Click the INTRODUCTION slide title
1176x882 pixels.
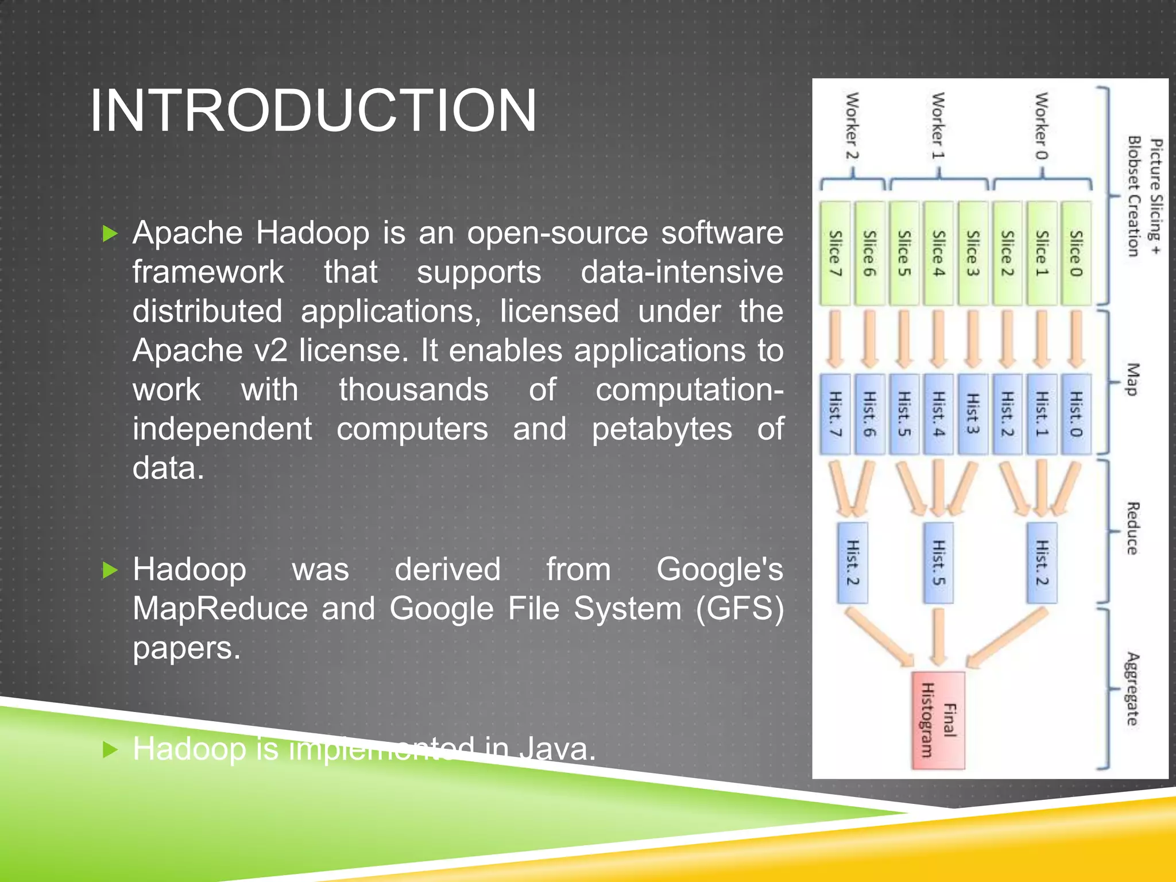(x=313, y=110)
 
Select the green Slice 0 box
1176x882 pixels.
(x=1076, y=253)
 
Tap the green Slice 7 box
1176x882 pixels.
(x=835, y=253)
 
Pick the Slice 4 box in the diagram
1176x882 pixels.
(x=938, y=253)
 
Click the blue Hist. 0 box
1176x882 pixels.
(x=1076, y=414)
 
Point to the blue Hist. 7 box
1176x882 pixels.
(x=835, y=414)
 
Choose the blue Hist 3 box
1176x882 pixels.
(x=973, y=414)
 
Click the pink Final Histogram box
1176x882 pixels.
(x=938, y=720)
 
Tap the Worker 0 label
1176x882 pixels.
(x=1041, y=126)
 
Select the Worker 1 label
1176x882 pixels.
(x=938, y=126)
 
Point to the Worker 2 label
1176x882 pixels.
(x=852, y=126)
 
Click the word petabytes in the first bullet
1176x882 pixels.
(x=662, y=429)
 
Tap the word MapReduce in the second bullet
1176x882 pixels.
(x=220, y=609)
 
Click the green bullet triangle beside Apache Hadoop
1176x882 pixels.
(x=110, y=234)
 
